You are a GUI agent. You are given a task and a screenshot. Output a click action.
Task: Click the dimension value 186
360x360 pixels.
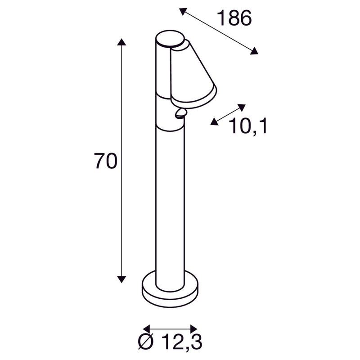click(x=234, y=18)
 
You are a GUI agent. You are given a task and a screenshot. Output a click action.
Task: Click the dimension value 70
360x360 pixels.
click(x=106, y=161)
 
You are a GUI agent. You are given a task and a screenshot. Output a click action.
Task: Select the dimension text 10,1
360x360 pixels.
click(x=248, y=127)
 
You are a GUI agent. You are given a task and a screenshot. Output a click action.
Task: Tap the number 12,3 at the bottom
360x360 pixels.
click(x=176, y=343)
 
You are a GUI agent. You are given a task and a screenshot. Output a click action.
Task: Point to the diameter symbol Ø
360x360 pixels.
click(x=145, y=343)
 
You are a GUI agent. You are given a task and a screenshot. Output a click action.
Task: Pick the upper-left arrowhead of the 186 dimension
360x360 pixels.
click(x=183, y=11)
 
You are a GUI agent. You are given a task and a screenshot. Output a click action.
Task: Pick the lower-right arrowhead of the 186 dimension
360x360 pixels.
click(x=255, y=51)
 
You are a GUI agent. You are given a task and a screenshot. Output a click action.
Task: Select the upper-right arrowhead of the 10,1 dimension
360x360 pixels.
click(x=242, y=107)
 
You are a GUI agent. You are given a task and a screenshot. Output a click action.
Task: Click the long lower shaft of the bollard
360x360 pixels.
click(x=170, y=207)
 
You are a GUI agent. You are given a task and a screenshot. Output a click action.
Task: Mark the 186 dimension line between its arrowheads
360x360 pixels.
click(x=219, y=31)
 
